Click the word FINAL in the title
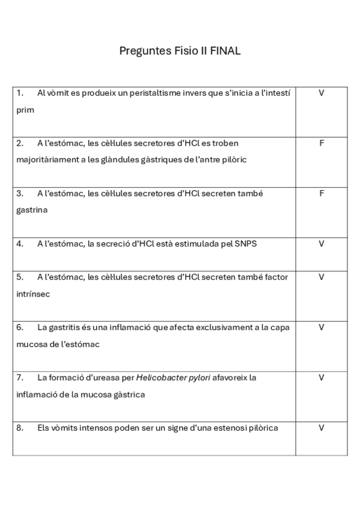coord(225,51)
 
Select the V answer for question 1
coord(322,93)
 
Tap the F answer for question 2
coord(322,143)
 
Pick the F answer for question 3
coord(322,194)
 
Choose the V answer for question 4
coord(322,244)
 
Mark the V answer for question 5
coord(322,277)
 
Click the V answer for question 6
coord(322,327)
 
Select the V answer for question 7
coord(322,378)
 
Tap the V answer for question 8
coord(322,428)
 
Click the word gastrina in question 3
coord(32,210)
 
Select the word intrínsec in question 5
coord(34,294)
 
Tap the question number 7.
coord(20,378)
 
